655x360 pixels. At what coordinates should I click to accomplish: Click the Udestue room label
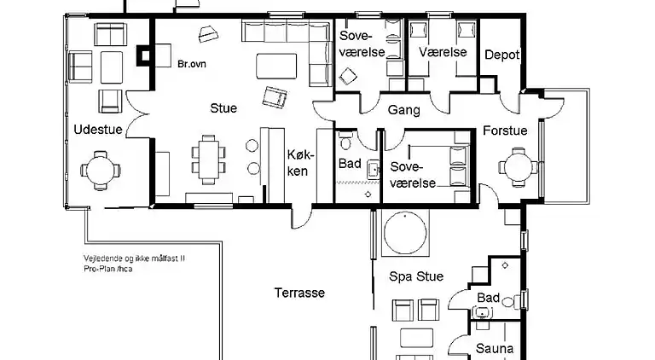click(98, 130)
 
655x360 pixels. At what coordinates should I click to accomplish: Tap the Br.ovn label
click(192, 64)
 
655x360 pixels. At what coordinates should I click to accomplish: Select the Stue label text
click(223, 108)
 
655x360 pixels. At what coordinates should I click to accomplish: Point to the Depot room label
click(501, 55)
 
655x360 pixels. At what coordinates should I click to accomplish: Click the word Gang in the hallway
click(404, 110)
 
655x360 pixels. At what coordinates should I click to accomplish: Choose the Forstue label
click(505, 131)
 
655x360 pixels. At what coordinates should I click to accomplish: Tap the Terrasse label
click(299, 293)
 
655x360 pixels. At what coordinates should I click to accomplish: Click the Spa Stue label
click(416, 276)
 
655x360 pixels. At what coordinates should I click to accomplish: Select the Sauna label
click(495, 348)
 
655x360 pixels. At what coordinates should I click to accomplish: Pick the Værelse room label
click(443, 52)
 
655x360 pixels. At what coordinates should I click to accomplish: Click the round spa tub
click(405, 233)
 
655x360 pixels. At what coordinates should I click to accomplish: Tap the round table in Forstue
click(519, 167)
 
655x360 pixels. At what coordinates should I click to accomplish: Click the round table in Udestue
click(101, 171)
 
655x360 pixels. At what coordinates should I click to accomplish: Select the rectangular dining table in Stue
click(208, 160)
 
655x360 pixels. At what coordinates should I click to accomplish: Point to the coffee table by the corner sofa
click(276, 66)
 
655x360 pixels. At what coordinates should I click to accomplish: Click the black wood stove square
click(144, 55)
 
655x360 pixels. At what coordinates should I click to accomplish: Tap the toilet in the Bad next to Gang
click(345, 141)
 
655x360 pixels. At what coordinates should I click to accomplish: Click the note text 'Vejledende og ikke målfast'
click(134, 258)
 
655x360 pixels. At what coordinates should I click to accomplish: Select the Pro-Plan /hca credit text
click(108, 269)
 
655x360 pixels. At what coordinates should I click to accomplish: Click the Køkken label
click(300, 163)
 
